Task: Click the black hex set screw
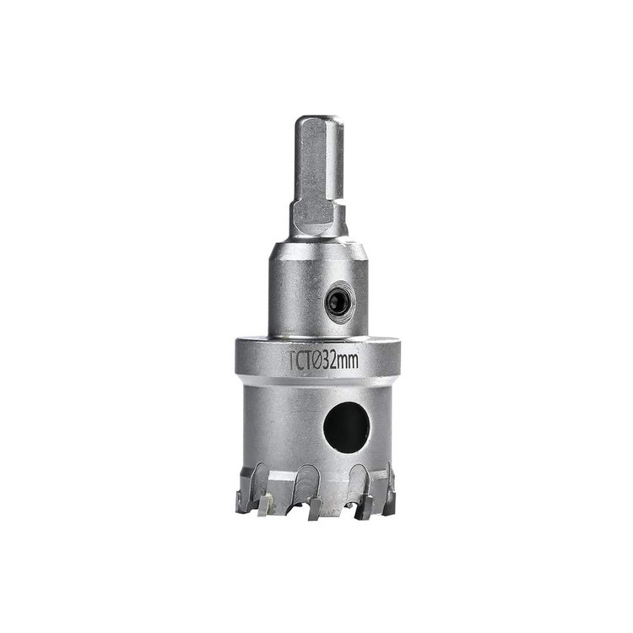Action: (338, 302)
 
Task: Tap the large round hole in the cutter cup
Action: (347, 428)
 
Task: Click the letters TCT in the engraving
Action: (300, 360)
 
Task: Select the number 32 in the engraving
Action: (331, 360)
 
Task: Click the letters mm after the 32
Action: (348, 361)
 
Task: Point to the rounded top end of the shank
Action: (319, 120)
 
